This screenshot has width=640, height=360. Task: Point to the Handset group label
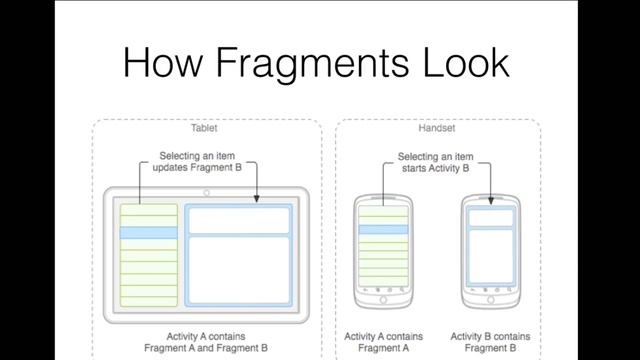pyautogui.click(x=437, y=128)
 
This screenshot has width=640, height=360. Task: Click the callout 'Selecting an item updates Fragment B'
pyautogui.click(x=207, y=162)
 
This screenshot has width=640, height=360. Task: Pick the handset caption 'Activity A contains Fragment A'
pyautogui.click(x=383, y=342)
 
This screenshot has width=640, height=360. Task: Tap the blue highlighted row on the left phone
pyautogui.click(x=383, y=230)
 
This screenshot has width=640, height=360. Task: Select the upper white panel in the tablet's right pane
pyautogui.click(x=238, y=220)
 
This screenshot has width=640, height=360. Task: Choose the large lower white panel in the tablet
pyautogui.click(x=238, y=271)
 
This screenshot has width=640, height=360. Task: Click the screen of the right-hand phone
pyautogui.click(x=489, y=245)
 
